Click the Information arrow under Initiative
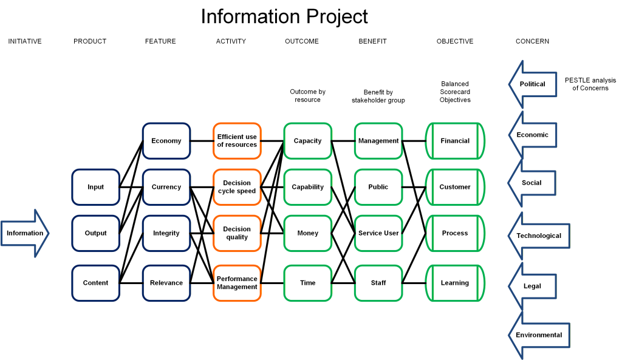coord(24,233)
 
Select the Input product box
coord(95,187)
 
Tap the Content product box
coord(95,283)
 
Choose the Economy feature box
coord(166,141)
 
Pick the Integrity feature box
coord(166,233)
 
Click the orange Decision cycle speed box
coord(237,187)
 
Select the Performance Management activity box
coord(237,283)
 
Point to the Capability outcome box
coord(307,187)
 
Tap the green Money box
coord(307,233)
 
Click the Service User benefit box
coord(378,233)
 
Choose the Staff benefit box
coord(378,283)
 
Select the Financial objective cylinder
coord(455,141)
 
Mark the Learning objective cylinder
coord(455,283)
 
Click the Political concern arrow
coord(533,84)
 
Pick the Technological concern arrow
coord(539,236)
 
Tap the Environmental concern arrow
coord(539,336)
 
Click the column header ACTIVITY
coord(231,41)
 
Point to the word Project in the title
coord(337,16)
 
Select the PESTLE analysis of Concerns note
coord(590,84)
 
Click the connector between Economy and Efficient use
coord(202,141)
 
